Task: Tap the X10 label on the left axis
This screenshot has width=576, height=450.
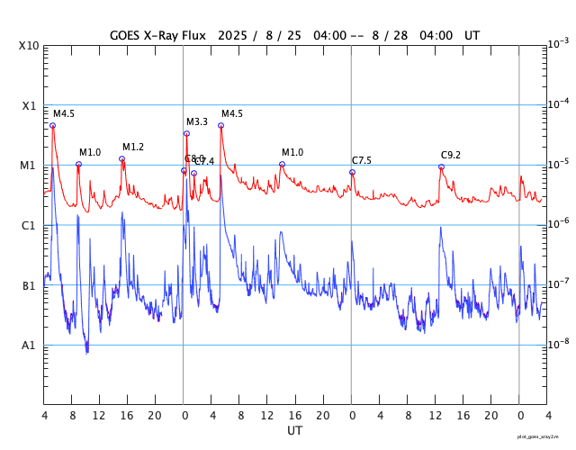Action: (x=29, y=46)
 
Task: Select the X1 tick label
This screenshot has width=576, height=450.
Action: (x=29, y=105)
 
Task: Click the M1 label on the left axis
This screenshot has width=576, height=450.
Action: (x=29, y=166)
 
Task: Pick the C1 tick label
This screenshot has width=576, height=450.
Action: (x=29, y=226)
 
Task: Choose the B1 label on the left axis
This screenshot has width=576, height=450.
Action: (x=29, y=286)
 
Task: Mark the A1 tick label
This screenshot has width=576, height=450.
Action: (x=29, y=346)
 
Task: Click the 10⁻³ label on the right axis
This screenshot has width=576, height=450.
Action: (x=558, y=43)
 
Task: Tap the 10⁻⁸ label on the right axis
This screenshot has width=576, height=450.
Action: (x=558, y=343)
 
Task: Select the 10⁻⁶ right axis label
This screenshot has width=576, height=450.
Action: (x=558, y=223)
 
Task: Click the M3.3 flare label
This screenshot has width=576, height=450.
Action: (x=197, y=121)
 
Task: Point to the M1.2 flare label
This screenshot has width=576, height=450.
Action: (x=133, y=147)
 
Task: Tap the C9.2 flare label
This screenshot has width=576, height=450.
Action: (x=451, y=155)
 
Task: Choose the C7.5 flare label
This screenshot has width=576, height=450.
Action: (x=362, y=160)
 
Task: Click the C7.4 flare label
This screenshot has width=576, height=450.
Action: (x=205, y=161)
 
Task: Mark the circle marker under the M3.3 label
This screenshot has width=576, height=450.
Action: (x=186, y=133)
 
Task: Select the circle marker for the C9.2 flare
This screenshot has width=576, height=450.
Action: (x=441, y=166)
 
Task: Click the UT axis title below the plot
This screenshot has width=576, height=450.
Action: (x=294, y=430)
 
